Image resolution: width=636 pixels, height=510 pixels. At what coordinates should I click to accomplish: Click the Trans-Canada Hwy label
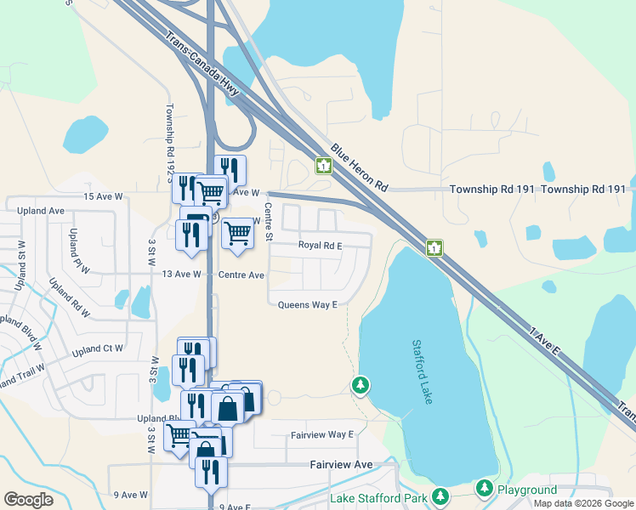click(x=202, y=60)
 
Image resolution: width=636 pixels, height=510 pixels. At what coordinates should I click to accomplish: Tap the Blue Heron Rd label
click(x=360, y=166)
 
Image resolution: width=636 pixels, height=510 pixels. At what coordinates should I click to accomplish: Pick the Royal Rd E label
click(x=320, y=246)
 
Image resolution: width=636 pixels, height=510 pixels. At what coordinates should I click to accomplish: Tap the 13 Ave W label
click(x=179, y=275)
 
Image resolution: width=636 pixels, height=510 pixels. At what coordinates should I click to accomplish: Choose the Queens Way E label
click(x=308, y=304)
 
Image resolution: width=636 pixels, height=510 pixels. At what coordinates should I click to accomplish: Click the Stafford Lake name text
click(x=423, y=371)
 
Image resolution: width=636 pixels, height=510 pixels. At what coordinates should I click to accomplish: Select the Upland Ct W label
click(x=98, y=348)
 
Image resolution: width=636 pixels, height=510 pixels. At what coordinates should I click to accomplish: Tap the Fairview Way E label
click(x=322, y=434)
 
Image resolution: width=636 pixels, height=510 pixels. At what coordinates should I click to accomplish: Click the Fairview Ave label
click(x=340, y=465)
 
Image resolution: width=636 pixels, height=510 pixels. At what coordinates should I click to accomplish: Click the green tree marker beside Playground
click(x=485, y=488)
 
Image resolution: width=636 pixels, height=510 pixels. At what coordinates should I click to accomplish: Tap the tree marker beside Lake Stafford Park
click(x=440, y=496)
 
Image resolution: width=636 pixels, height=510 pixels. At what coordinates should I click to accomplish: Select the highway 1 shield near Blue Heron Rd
click(x=324, y=165)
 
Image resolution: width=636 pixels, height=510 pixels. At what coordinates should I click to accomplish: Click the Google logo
click(x=29, y=500)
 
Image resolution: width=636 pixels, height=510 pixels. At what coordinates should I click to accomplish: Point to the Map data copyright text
click(x=584, y=503)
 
